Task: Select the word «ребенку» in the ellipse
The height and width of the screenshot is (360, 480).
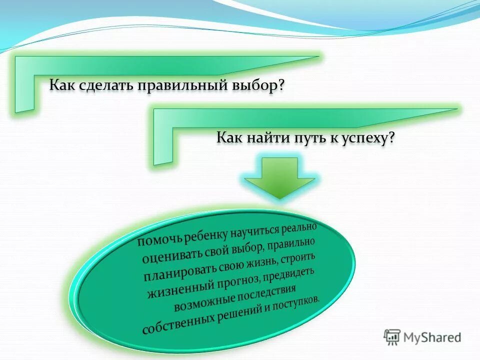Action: click(205, 233)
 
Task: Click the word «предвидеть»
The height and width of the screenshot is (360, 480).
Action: click(288, 275)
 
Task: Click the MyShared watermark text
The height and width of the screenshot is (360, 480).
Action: click(432, 337)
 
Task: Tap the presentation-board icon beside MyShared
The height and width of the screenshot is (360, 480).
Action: click(392, 337)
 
